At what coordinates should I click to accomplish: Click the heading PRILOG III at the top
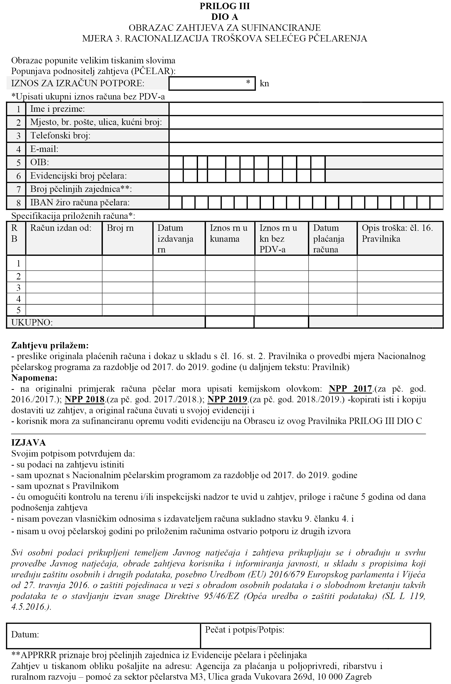point(225,6)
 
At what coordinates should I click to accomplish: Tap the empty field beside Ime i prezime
point(306,109)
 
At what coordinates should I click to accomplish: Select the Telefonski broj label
point(60,135)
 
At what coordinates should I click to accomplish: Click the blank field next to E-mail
point(306,149)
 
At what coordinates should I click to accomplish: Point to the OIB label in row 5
point(39,162)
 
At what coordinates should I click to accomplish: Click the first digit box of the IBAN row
point(175,203)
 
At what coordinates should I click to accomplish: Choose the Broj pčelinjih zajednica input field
point(306,189)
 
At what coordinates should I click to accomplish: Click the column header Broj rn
point(120,228)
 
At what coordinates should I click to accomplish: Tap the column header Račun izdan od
point(61,228)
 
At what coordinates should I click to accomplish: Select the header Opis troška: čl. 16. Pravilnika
point(397,233)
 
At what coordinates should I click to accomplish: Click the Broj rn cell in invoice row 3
point(128,288)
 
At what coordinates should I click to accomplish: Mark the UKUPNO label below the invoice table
point(32,323)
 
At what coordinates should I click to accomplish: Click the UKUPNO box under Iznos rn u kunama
point(230,322)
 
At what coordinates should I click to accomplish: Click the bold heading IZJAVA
point(29,442)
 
